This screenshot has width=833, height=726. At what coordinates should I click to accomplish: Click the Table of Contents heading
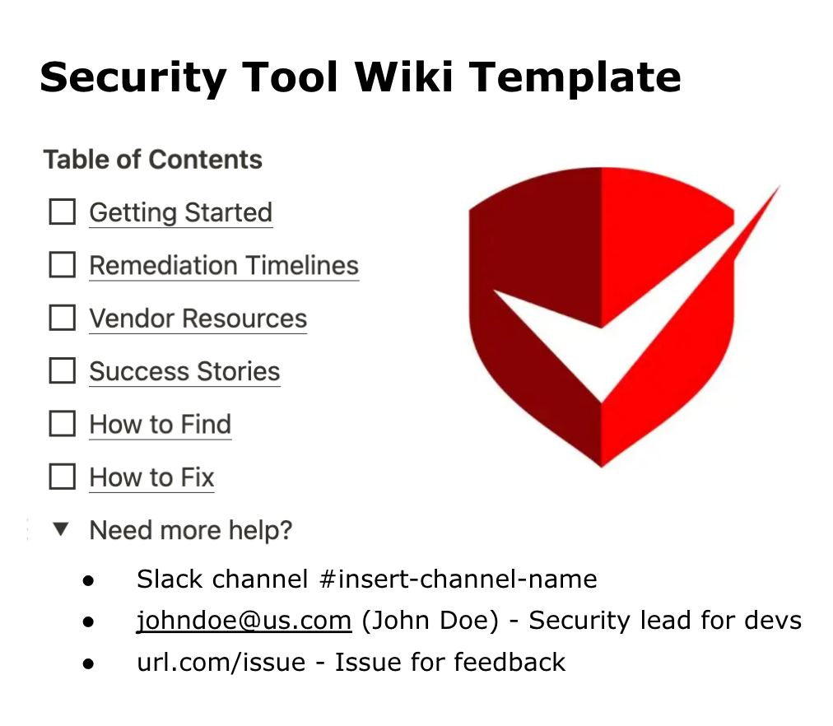click(x=152, y=160)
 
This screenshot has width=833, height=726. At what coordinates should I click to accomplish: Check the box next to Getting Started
click(x=63, y=212)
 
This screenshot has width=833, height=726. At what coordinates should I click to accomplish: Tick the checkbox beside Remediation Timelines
click(x=63, y=265)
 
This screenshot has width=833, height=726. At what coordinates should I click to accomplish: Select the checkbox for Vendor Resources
click(x=63, y=319)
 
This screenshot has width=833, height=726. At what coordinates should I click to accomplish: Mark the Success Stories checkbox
click(x=63, y=371)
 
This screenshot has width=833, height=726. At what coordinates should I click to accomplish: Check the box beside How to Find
click(x=63, y=424)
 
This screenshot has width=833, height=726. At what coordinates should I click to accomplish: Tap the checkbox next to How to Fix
click(x=63, y=477)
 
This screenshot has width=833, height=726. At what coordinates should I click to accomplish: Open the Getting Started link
click(x=180, y=212)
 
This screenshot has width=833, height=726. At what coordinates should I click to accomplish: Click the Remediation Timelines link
click(x=224, y=265)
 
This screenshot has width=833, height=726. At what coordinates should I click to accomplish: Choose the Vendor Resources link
click(x=198, y=319)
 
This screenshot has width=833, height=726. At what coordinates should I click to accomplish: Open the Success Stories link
click(x=184, y=371)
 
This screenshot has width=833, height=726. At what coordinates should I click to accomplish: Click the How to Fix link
click(x=151, y=477)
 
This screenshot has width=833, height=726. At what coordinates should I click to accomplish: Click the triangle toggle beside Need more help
click(x=60, y=529)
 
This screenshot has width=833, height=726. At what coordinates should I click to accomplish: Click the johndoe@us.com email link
click(x=244, y=620)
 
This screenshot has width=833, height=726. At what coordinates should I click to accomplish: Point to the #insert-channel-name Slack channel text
click(x=458, y=579)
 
